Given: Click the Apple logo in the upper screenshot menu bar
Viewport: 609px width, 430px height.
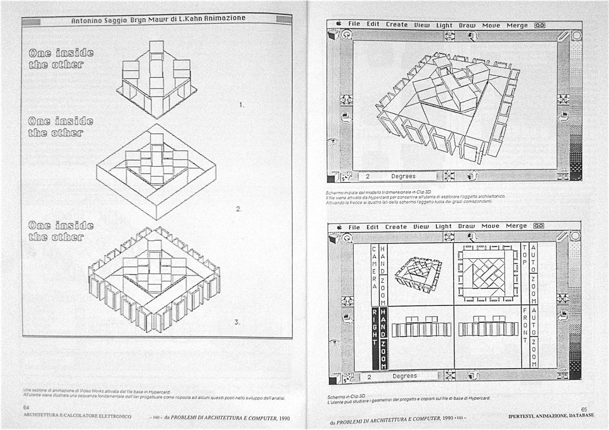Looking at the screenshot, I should point(338,23).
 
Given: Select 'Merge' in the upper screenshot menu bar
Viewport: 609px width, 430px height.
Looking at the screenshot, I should point(517,25).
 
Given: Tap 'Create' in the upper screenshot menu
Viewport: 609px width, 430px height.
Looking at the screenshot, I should point(396,24).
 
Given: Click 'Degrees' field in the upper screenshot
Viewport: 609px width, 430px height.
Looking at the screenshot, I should point(403,176).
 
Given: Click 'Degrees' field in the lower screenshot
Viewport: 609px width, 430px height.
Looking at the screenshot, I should point(404,377).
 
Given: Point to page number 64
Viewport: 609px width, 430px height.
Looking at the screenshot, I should point(26,408).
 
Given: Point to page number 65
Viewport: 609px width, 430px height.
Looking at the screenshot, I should point(584,409).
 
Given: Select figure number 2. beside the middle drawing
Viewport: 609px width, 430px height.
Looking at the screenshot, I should point(239,209).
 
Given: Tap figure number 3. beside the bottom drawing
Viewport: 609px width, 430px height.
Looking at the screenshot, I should point(237,322).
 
